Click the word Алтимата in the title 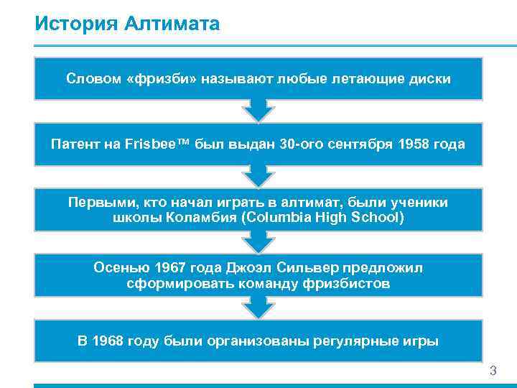point(172,24)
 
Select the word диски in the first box point(430,78)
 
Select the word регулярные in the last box point(353,341)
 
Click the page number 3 point(493,371)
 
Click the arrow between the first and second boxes point(258,110)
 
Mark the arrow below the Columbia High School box point(258,241)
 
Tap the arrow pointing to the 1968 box point(258,307)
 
